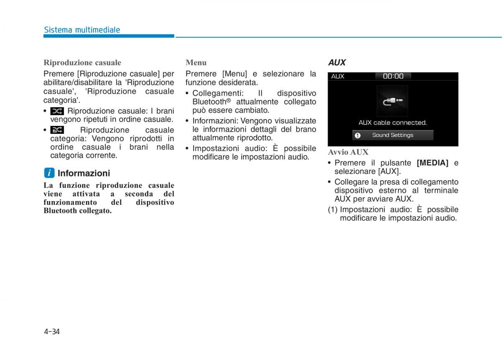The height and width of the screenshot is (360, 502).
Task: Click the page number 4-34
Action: tap(52, 332)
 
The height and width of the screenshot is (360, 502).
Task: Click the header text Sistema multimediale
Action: tap(82, 30)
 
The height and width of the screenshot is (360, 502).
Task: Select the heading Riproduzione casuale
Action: tap(82, 63)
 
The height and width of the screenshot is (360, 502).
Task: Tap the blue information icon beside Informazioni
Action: tap(49, 173)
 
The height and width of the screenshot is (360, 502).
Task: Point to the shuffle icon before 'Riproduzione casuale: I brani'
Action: tap(57, 111)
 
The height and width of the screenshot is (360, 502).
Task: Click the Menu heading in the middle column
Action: tap(196, 63)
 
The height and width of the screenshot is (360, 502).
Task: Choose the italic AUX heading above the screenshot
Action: tap(337, 63)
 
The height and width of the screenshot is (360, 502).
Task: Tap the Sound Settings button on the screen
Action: tap(392, 135)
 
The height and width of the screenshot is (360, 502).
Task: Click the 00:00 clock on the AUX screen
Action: tap(393, 76)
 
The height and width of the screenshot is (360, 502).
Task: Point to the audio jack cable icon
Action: tap(393, 102)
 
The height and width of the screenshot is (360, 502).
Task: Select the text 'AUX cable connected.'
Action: tap(392, 123)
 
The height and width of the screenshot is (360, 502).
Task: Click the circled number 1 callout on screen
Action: tap(357, 135)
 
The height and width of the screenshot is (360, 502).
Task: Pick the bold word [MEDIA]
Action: tap(433, 163)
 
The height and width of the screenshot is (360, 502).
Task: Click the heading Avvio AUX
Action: tap(348, 152)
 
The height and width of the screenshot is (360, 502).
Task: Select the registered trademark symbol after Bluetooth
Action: tap(229, 100)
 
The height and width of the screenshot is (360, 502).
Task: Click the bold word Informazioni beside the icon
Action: tap(84, 173)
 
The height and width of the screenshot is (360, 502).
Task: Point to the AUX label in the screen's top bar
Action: tap(338, 76)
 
